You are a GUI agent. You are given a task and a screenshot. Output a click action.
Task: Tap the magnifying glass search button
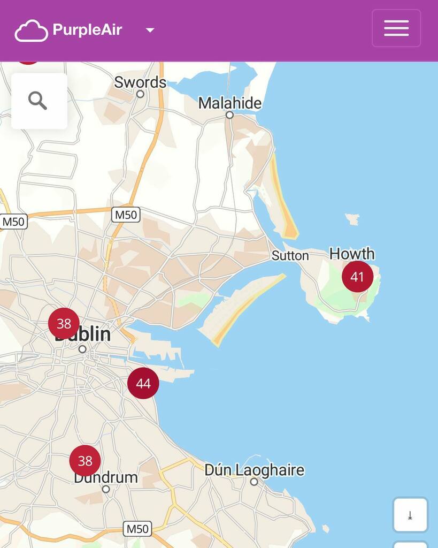38,101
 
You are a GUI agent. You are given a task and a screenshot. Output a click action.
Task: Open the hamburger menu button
396,28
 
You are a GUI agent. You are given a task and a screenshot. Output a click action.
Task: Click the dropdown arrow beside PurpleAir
150,31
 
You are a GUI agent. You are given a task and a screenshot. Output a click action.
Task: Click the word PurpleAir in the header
87,29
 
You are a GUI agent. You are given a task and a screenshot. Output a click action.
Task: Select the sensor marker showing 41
357,277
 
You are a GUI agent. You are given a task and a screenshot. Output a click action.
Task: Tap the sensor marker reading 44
143,383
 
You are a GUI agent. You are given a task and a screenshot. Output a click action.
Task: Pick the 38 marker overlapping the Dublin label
64,323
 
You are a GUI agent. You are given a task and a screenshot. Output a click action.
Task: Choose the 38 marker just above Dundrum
85,461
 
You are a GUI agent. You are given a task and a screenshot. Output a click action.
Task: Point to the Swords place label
140,82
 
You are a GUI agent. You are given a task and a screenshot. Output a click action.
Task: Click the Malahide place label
230,103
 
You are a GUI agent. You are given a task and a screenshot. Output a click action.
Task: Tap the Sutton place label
290,256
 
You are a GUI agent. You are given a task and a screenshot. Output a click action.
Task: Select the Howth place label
352,253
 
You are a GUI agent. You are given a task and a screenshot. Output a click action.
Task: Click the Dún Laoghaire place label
254,470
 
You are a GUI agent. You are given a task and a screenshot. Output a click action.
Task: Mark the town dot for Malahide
229,115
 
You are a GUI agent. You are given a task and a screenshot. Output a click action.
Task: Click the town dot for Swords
140,94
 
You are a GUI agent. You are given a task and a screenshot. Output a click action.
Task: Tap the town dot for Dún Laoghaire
254,482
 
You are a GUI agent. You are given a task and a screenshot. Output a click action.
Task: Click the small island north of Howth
352,218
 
